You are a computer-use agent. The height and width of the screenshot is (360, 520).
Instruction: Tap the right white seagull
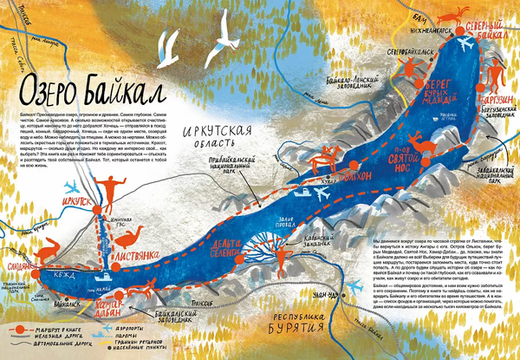click(228, 34)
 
